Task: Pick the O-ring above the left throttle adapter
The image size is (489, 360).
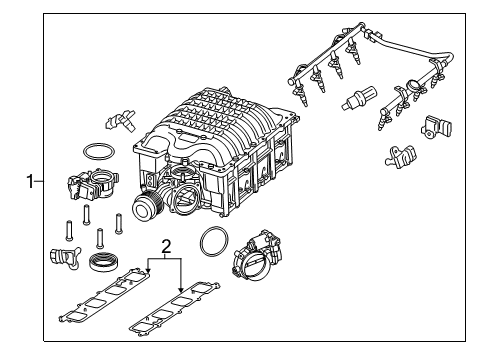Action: click(97, 152)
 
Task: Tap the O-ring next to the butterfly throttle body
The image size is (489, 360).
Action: click(212, 242)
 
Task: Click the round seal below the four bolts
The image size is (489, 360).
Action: click(103, 266)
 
